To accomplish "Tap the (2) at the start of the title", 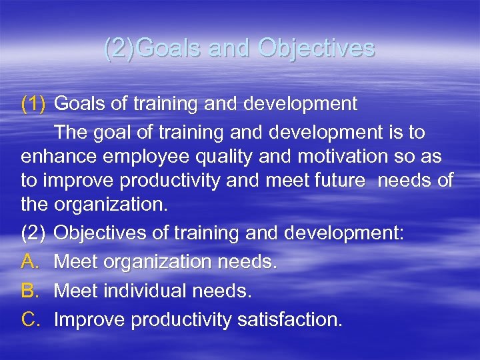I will (123, 49).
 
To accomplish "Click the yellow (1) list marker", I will (33, 104).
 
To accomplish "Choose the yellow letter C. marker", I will (32, 320).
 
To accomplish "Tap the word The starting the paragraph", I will (72, 132).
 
